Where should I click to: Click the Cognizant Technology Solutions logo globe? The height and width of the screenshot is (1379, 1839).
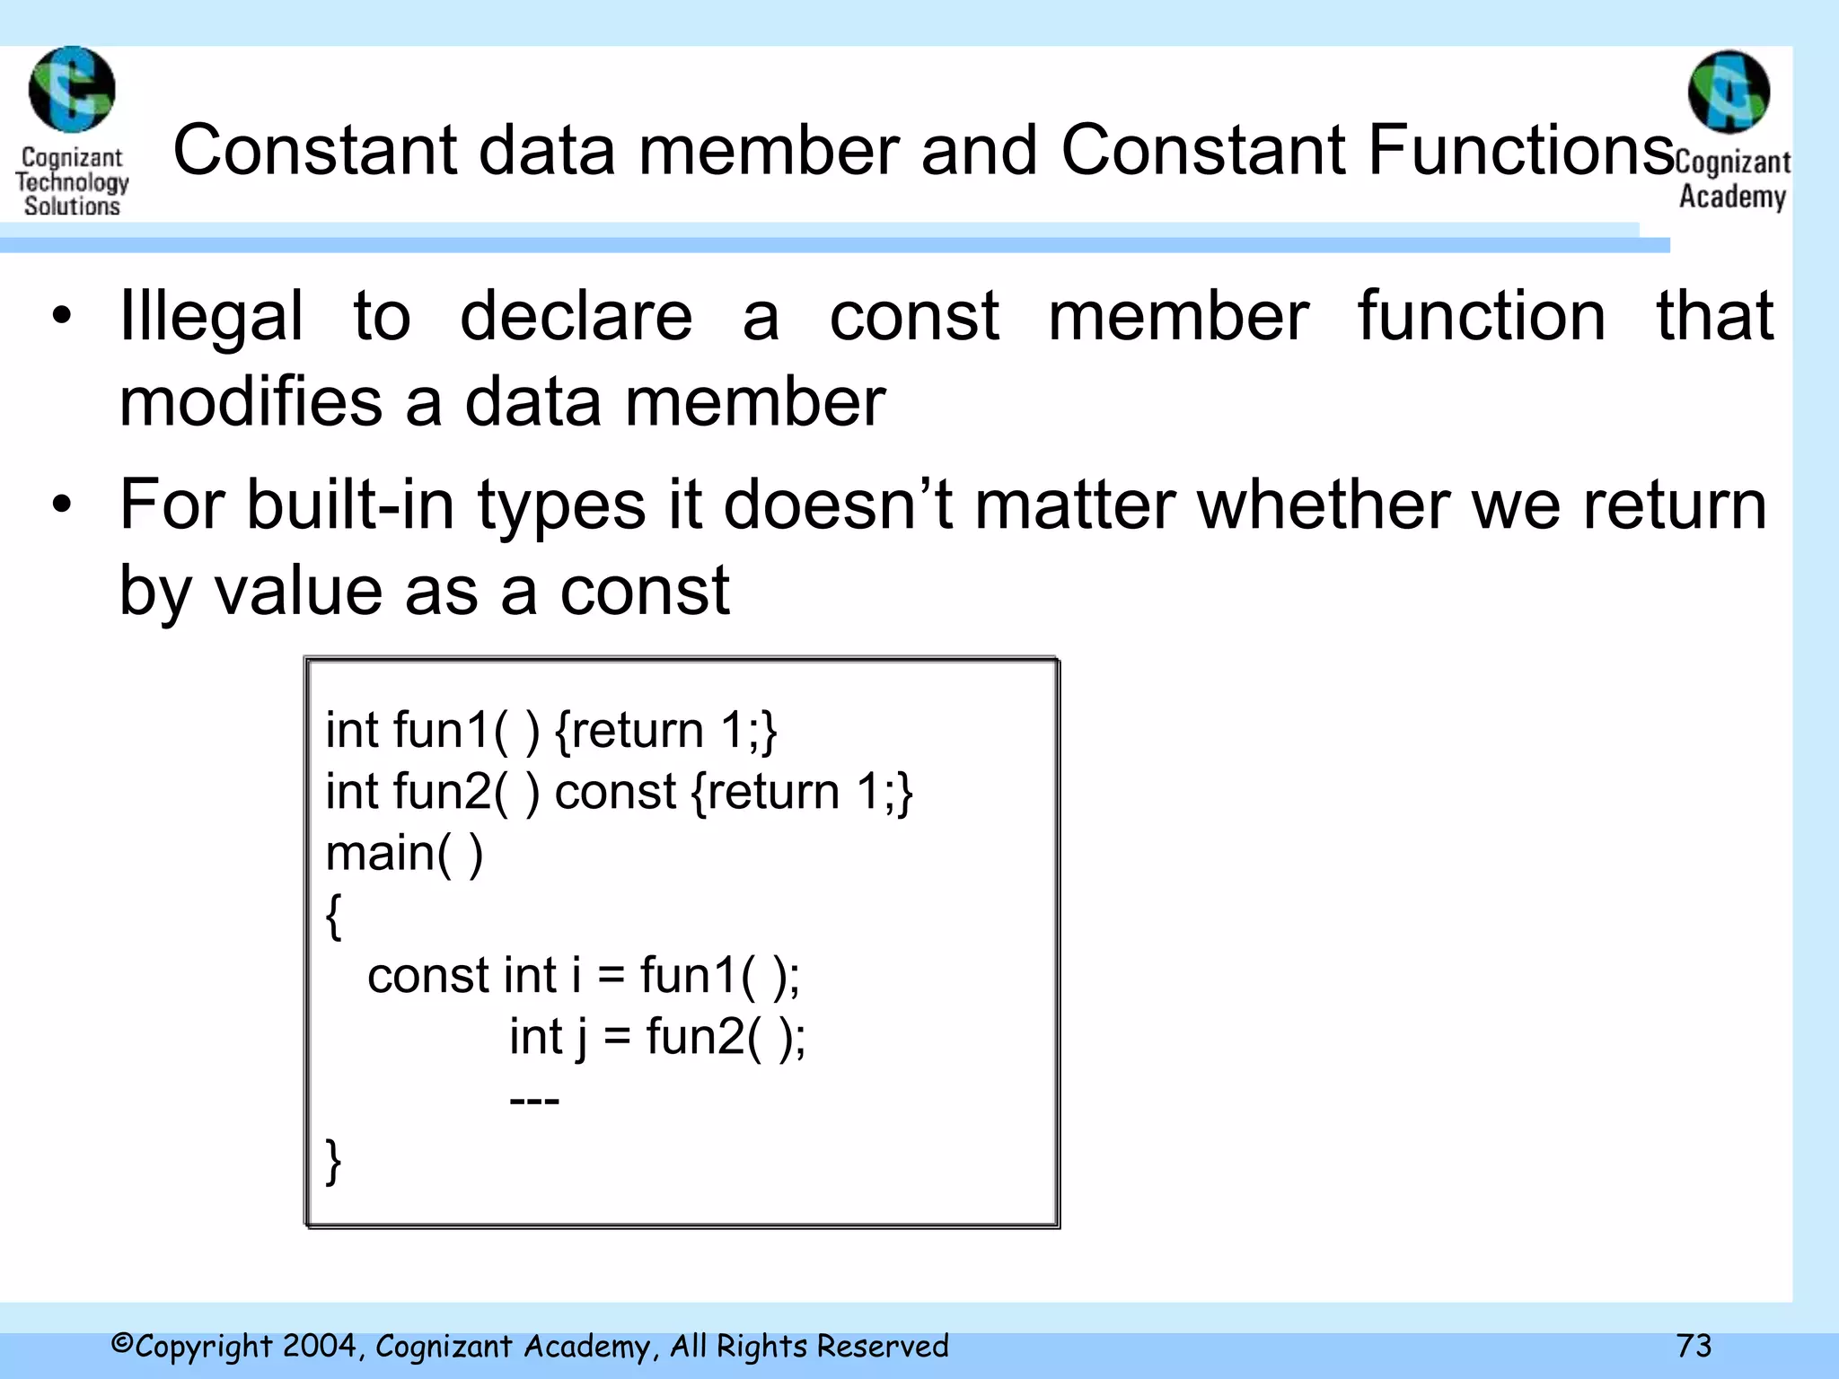tap(72, 90)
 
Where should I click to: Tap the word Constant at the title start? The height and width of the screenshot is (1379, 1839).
tap(315, 150)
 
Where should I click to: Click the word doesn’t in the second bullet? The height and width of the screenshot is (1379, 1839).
tap(837, 505)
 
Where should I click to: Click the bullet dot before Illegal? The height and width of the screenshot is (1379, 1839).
tap(61, 316)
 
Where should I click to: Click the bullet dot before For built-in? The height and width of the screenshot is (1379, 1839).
tap(61, 505)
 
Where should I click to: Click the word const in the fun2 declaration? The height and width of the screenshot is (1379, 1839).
tap(615, 792)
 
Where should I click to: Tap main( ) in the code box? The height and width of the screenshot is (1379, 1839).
tap(404, 853)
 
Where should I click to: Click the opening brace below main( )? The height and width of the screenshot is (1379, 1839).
tap(333, 916)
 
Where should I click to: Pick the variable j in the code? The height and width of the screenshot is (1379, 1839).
tap(582, 1038)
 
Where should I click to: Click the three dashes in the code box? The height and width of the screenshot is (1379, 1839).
tap(534, 1100)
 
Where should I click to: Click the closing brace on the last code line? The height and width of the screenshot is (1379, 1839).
tap(333, 1162)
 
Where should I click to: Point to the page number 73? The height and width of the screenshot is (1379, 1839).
tap(1694, 1346)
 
